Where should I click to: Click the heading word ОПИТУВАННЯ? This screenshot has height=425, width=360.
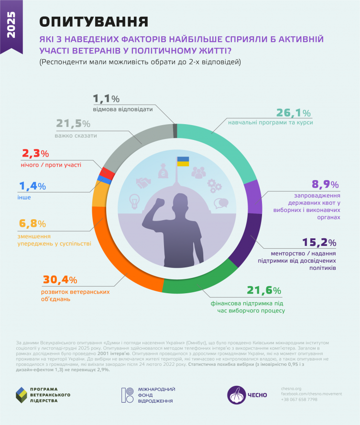point(93,21)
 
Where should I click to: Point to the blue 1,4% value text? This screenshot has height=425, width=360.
point(32,186)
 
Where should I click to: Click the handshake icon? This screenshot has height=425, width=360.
point(143,182)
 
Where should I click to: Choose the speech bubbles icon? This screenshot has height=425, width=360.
point(221,203)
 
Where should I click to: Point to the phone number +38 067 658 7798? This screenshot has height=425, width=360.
point(299,400)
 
